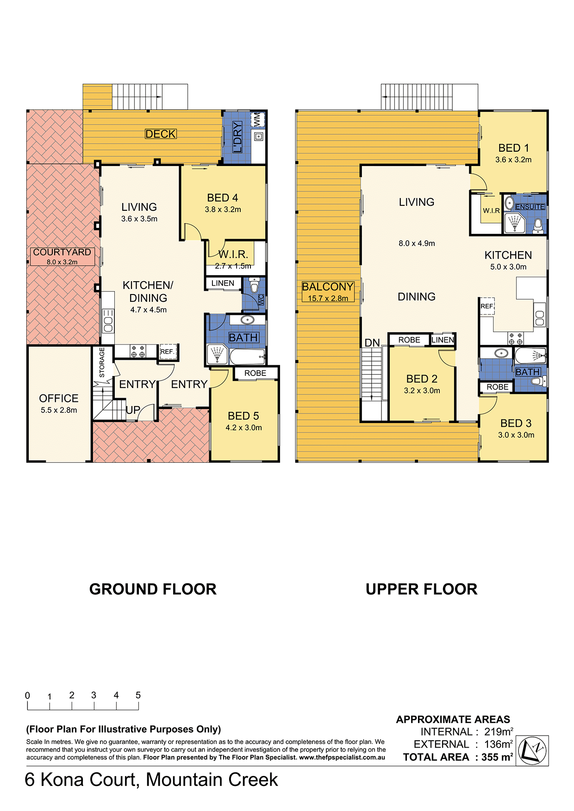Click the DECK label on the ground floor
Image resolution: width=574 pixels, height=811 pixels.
tap(161, 134)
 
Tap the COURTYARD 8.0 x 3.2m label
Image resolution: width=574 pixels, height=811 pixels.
tap(62, 256)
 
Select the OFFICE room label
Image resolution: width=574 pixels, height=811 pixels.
tap(59, 399)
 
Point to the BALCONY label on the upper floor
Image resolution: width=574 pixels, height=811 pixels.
tap(328, 287)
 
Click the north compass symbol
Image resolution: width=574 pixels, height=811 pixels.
tap(532, 750)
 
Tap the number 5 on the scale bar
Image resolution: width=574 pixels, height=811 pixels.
tap(138, 695)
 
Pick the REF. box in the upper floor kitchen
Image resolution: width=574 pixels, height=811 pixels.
tap(487, 307)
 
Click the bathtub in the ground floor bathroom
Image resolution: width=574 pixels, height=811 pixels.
tap(248, 356)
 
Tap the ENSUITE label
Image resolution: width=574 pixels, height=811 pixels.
tap(530, 207)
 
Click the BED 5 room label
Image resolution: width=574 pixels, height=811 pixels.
tap(243, 416)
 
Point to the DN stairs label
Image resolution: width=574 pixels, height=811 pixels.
tap(372, 343)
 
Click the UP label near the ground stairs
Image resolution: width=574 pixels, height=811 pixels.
tap(133, 410)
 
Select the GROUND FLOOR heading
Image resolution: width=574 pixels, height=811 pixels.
tap(153, 589)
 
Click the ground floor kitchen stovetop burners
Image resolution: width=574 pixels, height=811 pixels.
tap(138, 351)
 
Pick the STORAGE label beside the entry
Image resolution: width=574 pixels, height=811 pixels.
tap(102, 363)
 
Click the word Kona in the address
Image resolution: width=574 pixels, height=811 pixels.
tap(62, 780)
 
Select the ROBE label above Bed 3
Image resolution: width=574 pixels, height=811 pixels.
tap(498, 387)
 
